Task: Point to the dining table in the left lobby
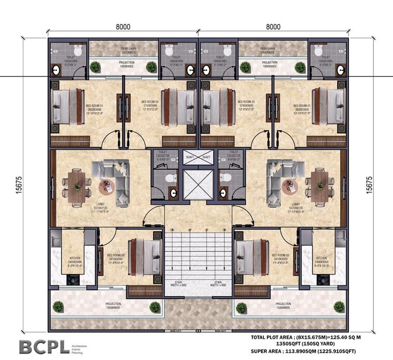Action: point(75,186)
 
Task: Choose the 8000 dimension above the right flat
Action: point(273,27)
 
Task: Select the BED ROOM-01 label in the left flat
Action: point(95,106)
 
